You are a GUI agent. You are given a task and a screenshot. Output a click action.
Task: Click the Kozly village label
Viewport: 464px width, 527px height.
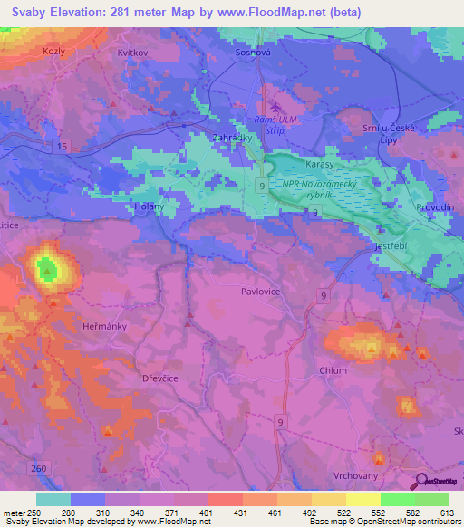(54, 53)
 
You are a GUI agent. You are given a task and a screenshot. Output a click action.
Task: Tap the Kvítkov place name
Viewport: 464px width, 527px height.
(132, 53)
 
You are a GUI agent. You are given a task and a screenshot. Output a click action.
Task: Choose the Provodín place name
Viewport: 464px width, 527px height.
(435, 207)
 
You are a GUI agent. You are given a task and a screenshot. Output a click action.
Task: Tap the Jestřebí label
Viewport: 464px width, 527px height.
(394, 246)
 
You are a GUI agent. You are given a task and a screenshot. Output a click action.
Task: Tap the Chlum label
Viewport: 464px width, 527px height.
(333, 370)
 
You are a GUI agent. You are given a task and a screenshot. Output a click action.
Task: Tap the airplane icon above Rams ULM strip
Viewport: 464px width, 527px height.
(263, 106)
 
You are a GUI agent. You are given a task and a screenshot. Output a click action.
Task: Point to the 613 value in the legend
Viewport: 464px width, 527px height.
(445, 513)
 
